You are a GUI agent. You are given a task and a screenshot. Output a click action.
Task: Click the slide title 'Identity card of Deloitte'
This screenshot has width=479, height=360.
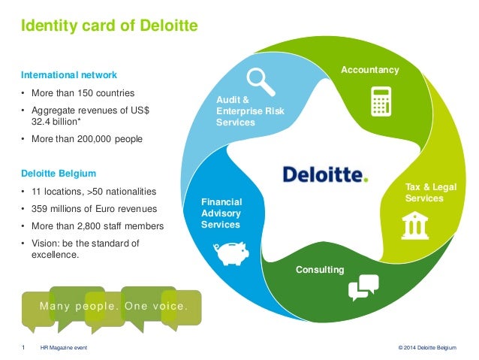pyautogui.click(x=108, y=28)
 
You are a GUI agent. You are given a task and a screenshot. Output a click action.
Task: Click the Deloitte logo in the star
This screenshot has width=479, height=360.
pyautogui.click(x=326, y=174)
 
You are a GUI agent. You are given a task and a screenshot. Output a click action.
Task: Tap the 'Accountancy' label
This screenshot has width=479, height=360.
pyautogui.click(x=370, y=70)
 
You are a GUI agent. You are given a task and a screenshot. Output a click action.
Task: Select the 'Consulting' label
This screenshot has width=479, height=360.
pyautogui.click(x=320, y=269)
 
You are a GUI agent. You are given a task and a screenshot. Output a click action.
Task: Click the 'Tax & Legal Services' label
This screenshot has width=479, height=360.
pyautogui.click(x=424, y=192)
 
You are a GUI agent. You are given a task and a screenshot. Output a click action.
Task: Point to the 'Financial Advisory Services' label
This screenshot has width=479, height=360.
pyautogui.click(x=222, y=213)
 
